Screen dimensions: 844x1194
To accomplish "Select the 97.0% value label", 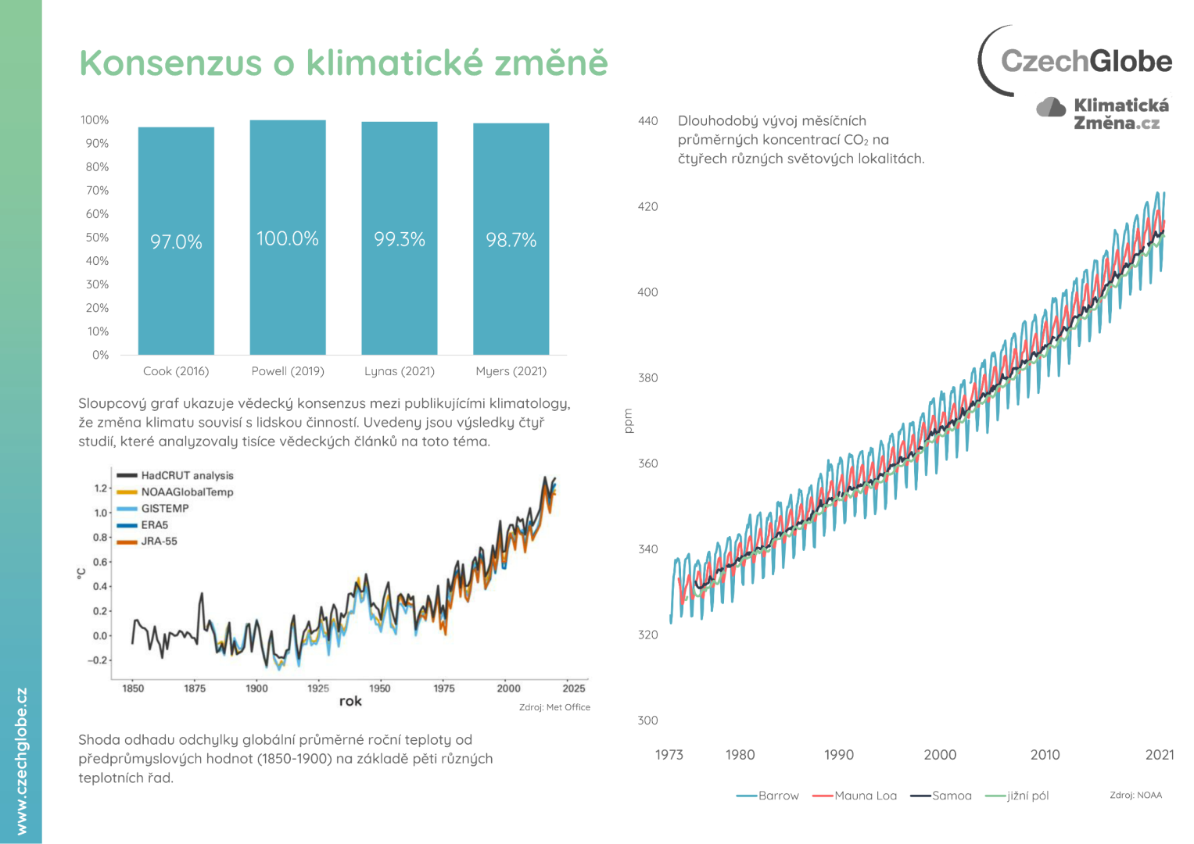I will pos(176,242).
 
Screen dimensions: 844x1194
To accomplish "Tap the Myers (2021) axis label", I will pos(511,371).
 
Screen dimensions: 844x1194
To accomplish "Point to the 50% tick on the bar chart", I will pos(97,238).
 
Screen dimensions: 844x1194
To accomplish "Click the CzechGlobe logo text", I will pos(1086,61).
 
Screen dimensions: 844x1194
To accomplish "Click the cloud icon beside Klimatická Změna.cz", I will pos(1051,107).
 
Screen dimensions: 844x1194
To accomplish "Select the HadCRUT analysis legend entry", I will pos(186,475).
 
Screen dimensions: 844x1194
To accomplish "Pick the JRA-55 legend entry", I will pos(159,541).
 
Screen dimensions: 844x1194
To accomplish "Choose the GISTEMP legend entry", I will pos(164,508).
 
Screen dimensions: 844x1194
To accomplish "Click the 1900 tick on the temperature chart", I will pos(256,688).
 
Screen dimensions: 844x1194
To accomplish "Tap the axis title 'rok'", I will pos(350,701).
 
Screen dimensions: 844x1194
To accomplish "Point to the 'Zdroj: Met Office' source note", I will pos(554,707).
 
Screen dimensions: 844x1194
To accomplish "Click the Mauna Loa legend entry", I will pos(865,796).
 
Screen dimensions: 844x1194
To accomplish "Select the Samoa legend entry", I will pos(951,796).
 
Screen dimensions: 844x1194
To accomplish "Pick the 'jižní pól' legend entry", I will pos(1027,796).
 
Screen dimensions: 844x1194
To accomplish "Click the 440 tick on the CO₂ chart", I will pos(647,121).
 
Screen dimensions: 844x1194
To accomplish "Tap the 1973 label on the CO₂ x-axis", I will pos(669,755).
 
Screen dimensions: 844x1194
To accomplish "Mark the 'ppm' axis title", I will pos(628,420).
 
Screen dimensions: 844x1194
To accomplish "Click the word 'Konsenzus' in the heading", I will pos(170,63).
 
